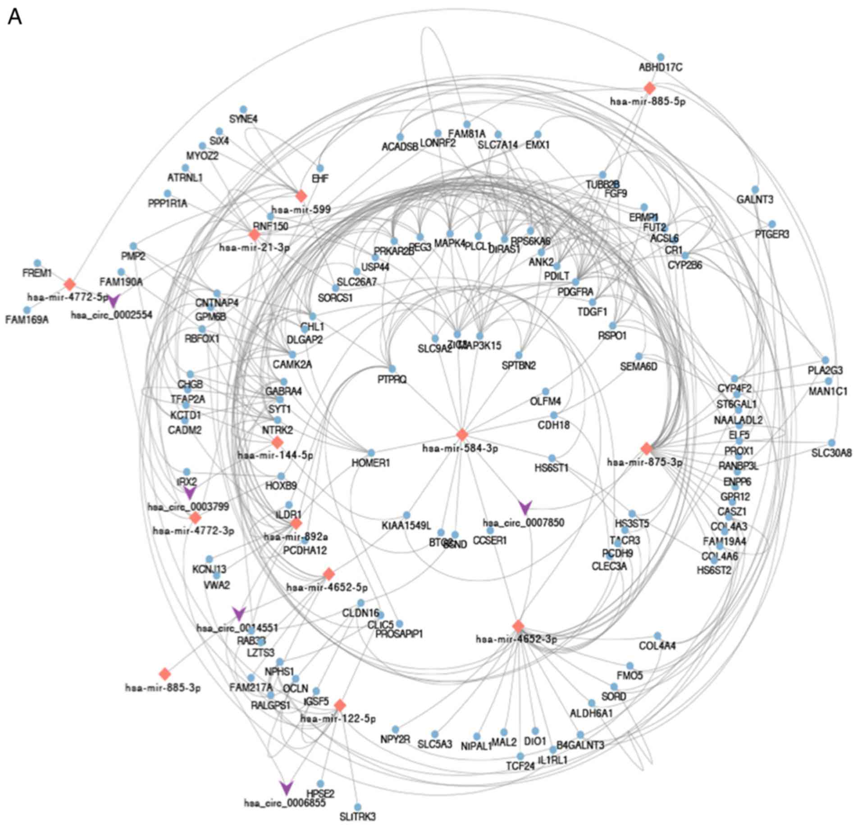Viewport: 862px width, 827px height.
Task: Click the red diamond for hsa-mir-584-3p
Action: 462,434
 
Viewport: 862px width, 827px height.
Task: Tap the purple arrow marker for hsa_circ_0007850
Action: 525,507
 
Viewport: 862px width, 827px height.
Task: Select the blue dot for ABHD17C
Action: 661,57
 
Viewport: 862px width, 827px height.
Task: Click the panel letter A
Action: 15,18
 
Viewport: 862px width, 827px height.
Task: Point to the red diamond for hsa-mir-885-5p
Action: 649,88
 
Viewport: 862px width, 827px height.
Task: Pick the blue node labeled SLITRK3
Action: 358,807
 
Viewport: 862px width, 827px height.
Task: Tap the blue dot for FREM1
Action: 37,263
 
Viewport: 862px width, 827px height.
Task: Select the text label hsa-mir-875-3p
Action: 644,462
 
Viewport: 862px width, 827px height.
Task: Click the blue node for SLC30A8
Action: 832,443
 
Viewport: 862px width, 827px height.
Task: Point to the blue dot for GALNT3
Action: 755,190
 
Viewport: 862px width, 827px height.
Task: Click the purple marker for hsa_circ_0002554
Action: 114,301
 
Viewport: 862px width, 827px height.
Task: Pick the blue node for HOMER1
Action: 371,452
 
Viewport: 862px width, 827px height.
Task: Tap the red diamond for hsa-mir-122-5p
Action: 340,705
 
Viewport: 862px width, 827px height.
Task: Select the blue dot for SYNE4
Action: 243,109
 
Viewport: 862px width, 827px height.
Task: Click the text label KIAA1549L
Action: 406,525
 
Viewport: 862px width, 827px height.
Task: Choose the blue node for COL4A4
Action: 657,636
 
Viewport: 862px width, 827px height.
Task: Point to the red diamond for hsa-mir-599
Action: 301,196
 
